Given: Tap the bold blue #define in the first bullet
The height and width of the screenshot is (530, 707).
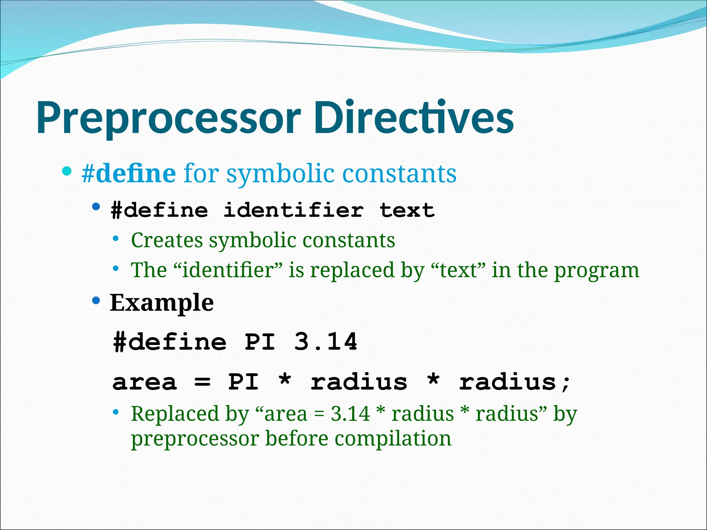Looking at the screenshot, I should [x=129, y=173].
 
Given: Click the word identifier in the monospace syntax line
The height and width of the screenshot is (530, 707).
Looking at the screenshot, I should [x=293, y=210].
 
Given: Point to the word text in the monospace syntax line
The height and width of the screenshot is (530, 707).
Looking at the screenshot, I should [x=407, y=210].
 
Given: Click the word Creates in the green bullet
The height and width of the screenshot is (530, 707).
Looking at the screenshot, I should [x=167, y=240].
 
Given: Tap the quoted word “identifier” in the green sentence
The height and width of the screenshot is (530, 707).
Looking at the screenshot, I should [x=228, y=270].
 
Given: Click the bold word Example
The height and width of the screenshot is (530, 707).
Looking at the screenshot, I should [x=162, y=303].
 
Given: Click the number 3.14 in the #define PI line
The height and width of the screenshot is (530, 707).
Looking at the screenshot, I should [x=326, y=342].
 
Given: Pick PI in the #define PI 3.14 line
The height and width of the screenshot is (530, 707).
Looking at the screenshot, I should [x=260, y=342].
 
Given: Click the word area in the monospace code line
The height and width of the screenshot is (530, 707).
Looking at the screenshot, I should [x=145, y=382].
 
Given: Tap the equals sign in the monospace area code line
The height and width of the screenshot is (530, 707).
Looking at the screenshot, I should [x=202, y=382].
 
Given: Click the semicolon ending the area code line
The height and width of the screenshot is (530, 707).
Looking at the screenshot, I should [x=566, y=383].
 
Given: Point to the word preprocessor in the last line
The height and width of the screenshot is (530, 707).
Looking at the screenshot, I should [x=195, y=439].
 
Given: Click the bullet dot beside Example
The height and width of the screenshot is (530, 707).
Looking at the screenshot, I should [x=96, y=301].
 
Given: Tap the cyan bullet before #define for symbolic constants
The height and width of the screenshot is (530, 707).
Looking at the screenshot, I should [x=67, y=171].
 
